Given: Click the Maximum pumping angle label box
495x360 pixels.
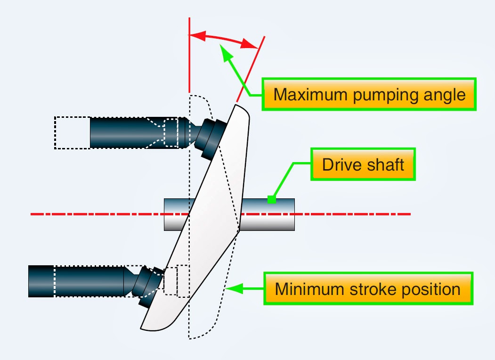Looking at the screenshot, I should click(x=369, y=94).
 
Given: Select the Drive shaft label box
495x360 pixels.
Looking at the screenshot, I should click(x=363, y=165).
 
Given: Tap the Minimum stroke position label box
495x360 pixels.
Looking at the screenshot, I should click(x=367, y=288).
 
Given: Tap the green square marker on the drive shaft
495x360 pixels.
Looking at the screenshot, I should click(x=271, y=200).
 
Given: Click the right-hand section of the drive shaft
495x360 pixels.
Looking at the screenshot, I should click(x=268, y=214).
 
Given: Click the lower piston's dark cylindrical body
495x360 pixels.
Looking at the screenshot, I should click(x=75, y=281).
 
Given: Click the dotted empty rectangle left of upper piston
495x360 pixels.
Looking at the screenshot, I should click(x=72, y=132).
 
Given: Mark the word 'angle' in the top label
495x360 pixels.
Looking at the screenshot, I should click(x=443, y=95).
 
